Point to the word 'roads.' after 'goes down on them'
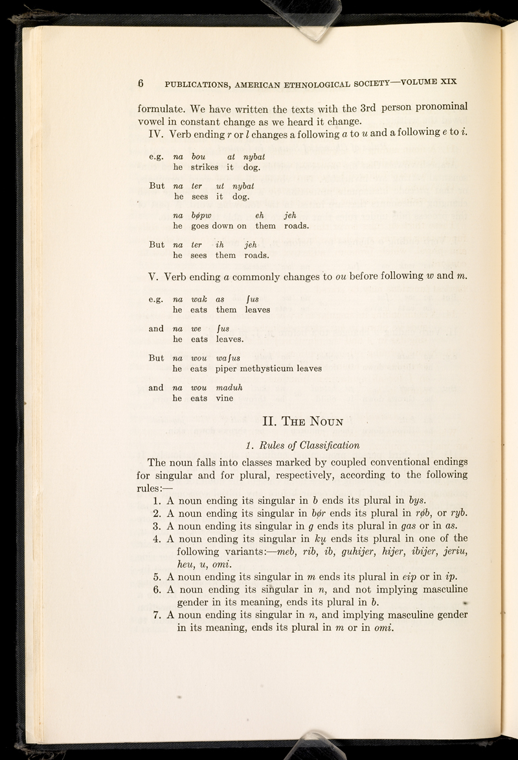click(294, 226)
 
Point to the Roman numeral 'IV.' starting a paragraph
click(155, 134)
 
